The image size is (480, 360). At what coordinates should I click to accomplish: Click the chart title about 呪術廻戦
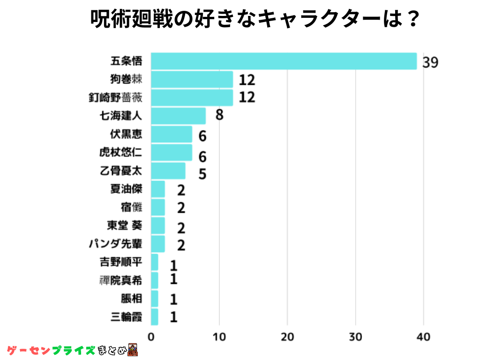pos(254,20)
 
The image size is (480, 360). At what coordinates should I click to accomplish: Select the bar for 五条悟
pos(284,61)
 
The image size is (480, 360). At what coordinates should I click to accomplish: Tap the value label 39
pos(430,62)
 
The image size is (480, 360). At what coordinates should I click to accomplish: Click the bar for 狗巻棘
pos(192,79)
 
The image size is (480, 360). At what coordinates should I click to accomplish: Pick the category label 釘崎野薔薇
pos(115,97)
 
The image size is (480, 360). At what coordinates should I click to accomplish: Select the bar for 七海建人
pos(178,116)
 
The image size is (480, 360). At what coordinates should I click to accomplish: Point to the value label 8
pos(219,115)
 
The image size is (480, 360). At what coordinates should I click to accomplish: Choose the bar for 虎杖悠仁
pos(172,152)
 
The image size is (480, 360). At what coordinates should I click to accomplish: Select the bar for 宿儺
pos(158,207)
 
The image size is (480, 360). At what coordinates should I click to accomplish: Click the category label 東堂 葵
pos(124,225)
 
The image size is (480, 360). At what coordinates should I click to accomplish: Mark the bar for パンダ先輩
pos(158,244)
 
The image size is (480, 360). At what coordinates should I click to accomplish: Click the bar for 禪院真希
pos(155,280)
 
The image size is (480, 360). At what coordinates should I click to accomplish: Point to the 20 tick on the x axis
pos(287,337)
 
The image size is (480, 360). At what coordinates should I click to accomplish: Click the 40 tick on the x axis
pos(424,337)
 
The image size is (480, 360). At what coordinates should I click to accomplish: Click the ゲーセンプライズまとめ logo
pos(73,350)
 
